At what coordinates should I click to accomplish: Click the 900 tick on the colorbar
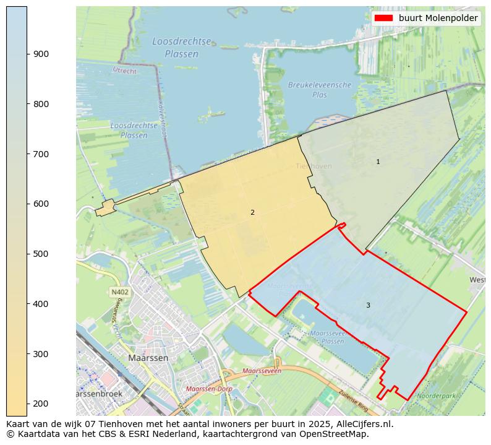(x=27, y=54)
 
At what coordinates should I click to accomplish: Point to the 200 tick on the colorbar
(x=27, y=404)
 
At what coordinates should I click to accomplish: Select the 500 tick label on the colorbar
(x=41, y=254)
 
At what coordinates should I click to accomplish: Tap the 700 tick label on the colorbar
(x=41, y=154)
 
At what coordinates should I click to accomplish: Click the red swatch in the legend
(x=383, y=19)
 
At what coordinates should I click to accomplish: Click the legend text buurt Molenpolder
(x=438, y=19)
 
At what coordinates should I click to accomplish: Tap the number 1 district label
(x=378, y=162)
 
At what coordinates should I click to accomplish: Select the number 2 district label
(x=252, y=212)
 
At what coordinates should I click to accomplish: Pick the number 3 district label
(x=368, y=305)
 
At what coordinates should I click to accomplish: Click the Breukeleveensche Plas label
(x=320, y=90)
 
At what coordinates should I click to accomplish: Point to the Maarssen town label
(x=148, y=358)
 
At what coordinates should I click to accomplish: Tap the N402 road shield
(x=119, y=292)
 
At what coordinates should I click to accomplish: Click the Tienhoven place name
(x=314, y=166)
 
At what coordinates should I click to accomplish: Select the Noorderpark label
(x=436, y=395)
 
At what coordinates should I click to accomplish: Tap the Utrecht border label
(x=124, y=70)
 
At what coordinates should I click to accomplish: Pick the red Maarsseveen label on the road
(x=262, y=371)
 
